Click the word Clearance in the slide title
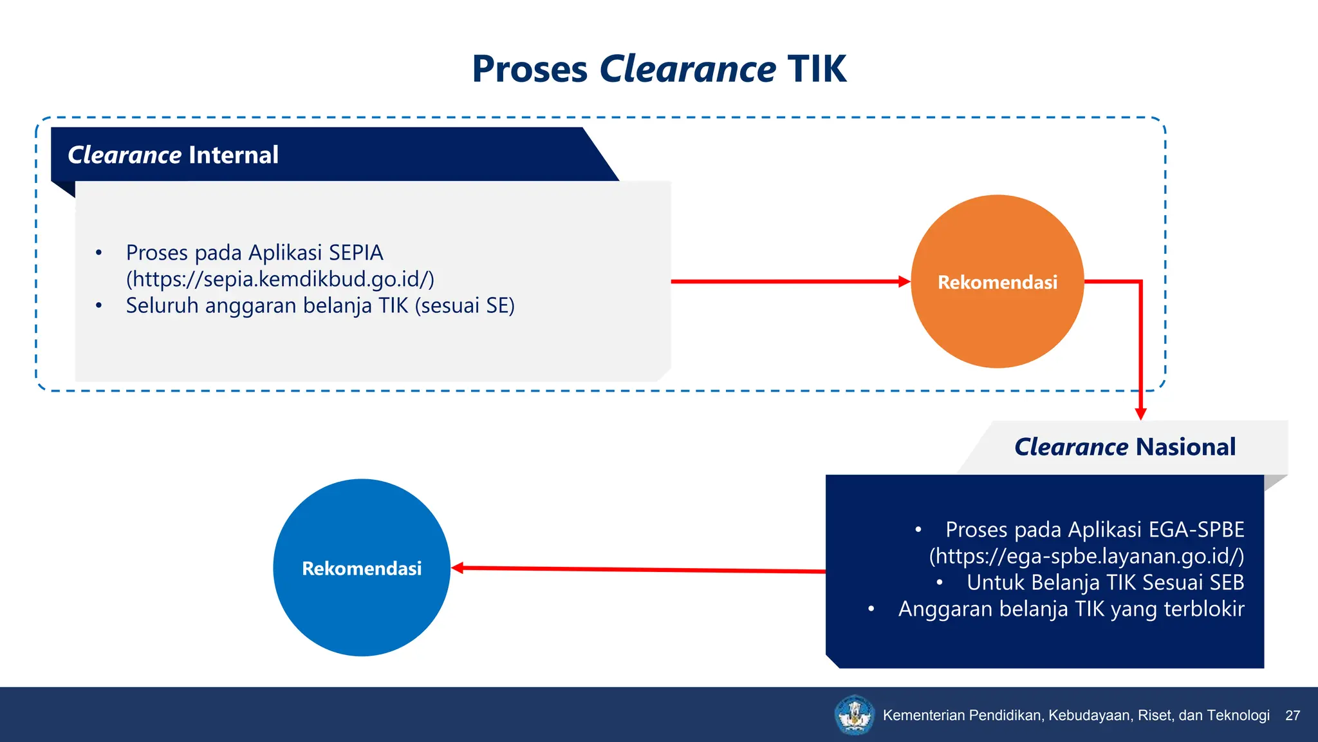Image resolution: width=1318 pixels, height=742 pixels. (687, 70)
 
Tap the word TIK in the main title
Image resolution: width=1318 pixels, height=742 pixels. (817, 70)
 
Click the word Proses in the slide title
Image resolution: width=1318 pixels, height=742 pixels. (530, 70)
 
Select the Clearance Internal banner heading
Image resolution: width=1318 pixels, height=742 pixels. (173, 155)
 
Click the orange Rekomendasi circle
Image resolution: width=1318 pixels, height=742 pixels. (997, 281)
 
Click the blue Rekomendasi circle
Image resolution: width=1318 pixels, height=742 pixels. (362, 568)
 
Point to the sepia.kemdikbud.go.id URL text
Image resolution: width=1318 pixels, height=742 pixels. (280, 279)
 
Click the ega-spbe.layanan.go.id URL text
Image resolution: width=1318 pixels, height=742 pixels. (1086, 556)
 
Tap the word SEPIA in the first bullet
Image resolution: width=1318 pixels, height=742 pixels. (356, 252)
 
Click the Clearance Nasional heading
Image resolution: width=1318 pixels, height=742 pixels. (1124, 447)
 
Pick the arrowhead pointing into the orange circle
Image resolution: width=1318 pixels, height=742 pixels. (904, 281)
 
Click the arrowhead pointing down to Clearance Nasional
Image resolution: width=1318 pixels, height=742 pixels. (1140, 414)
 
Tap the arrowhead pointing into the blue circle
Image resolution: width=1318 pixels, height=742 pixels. (458, 568)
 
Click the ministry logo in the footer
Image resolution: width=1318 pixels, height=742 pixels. (854, 714)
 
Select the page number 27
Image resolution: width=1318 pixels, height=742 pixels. (1292, 716)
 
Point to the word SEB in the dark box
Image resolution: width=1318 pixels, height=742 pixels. (1227, 582)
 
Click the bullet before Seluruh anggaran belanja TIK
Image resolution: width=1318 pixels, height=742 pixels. (98, 305)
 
